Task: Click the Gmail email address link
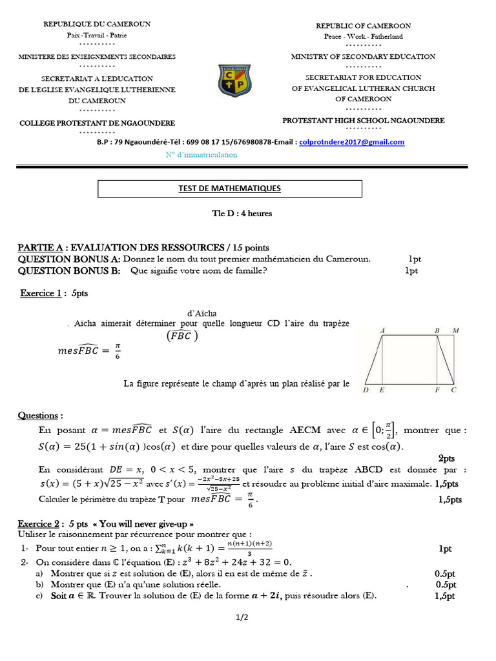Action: [x=351, y=142]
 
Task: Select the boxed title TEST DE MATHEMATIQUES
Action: [x=229, y=188]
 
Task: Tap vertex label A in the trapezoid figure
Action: [x=383, y=330]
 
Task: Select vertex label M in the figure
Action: [x=456, y=330]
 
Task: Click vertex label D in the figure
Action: [x=366, y=391]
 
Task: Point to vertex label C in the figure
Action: [x=454, y=391]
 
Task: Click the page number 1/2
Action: [x=242, y=618]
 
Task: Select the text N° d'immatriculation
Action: [x=201, y=155]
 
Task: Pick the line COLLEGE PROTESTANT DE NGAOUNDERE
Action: [x=97, y=122]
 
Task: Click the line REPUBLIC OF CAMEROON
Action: [x=364, y=26]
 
